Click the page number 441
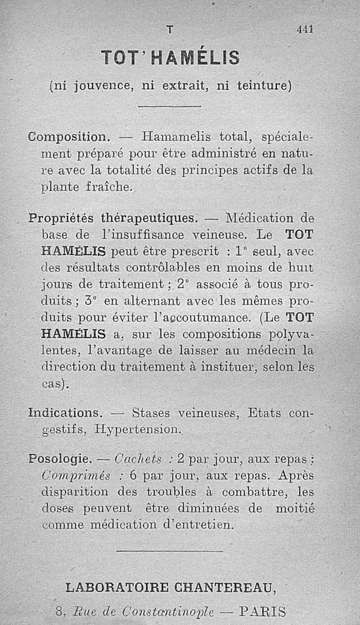(305, 29)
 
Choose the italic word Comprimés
(76, 476)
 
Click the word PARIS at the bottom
(263, 611)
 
